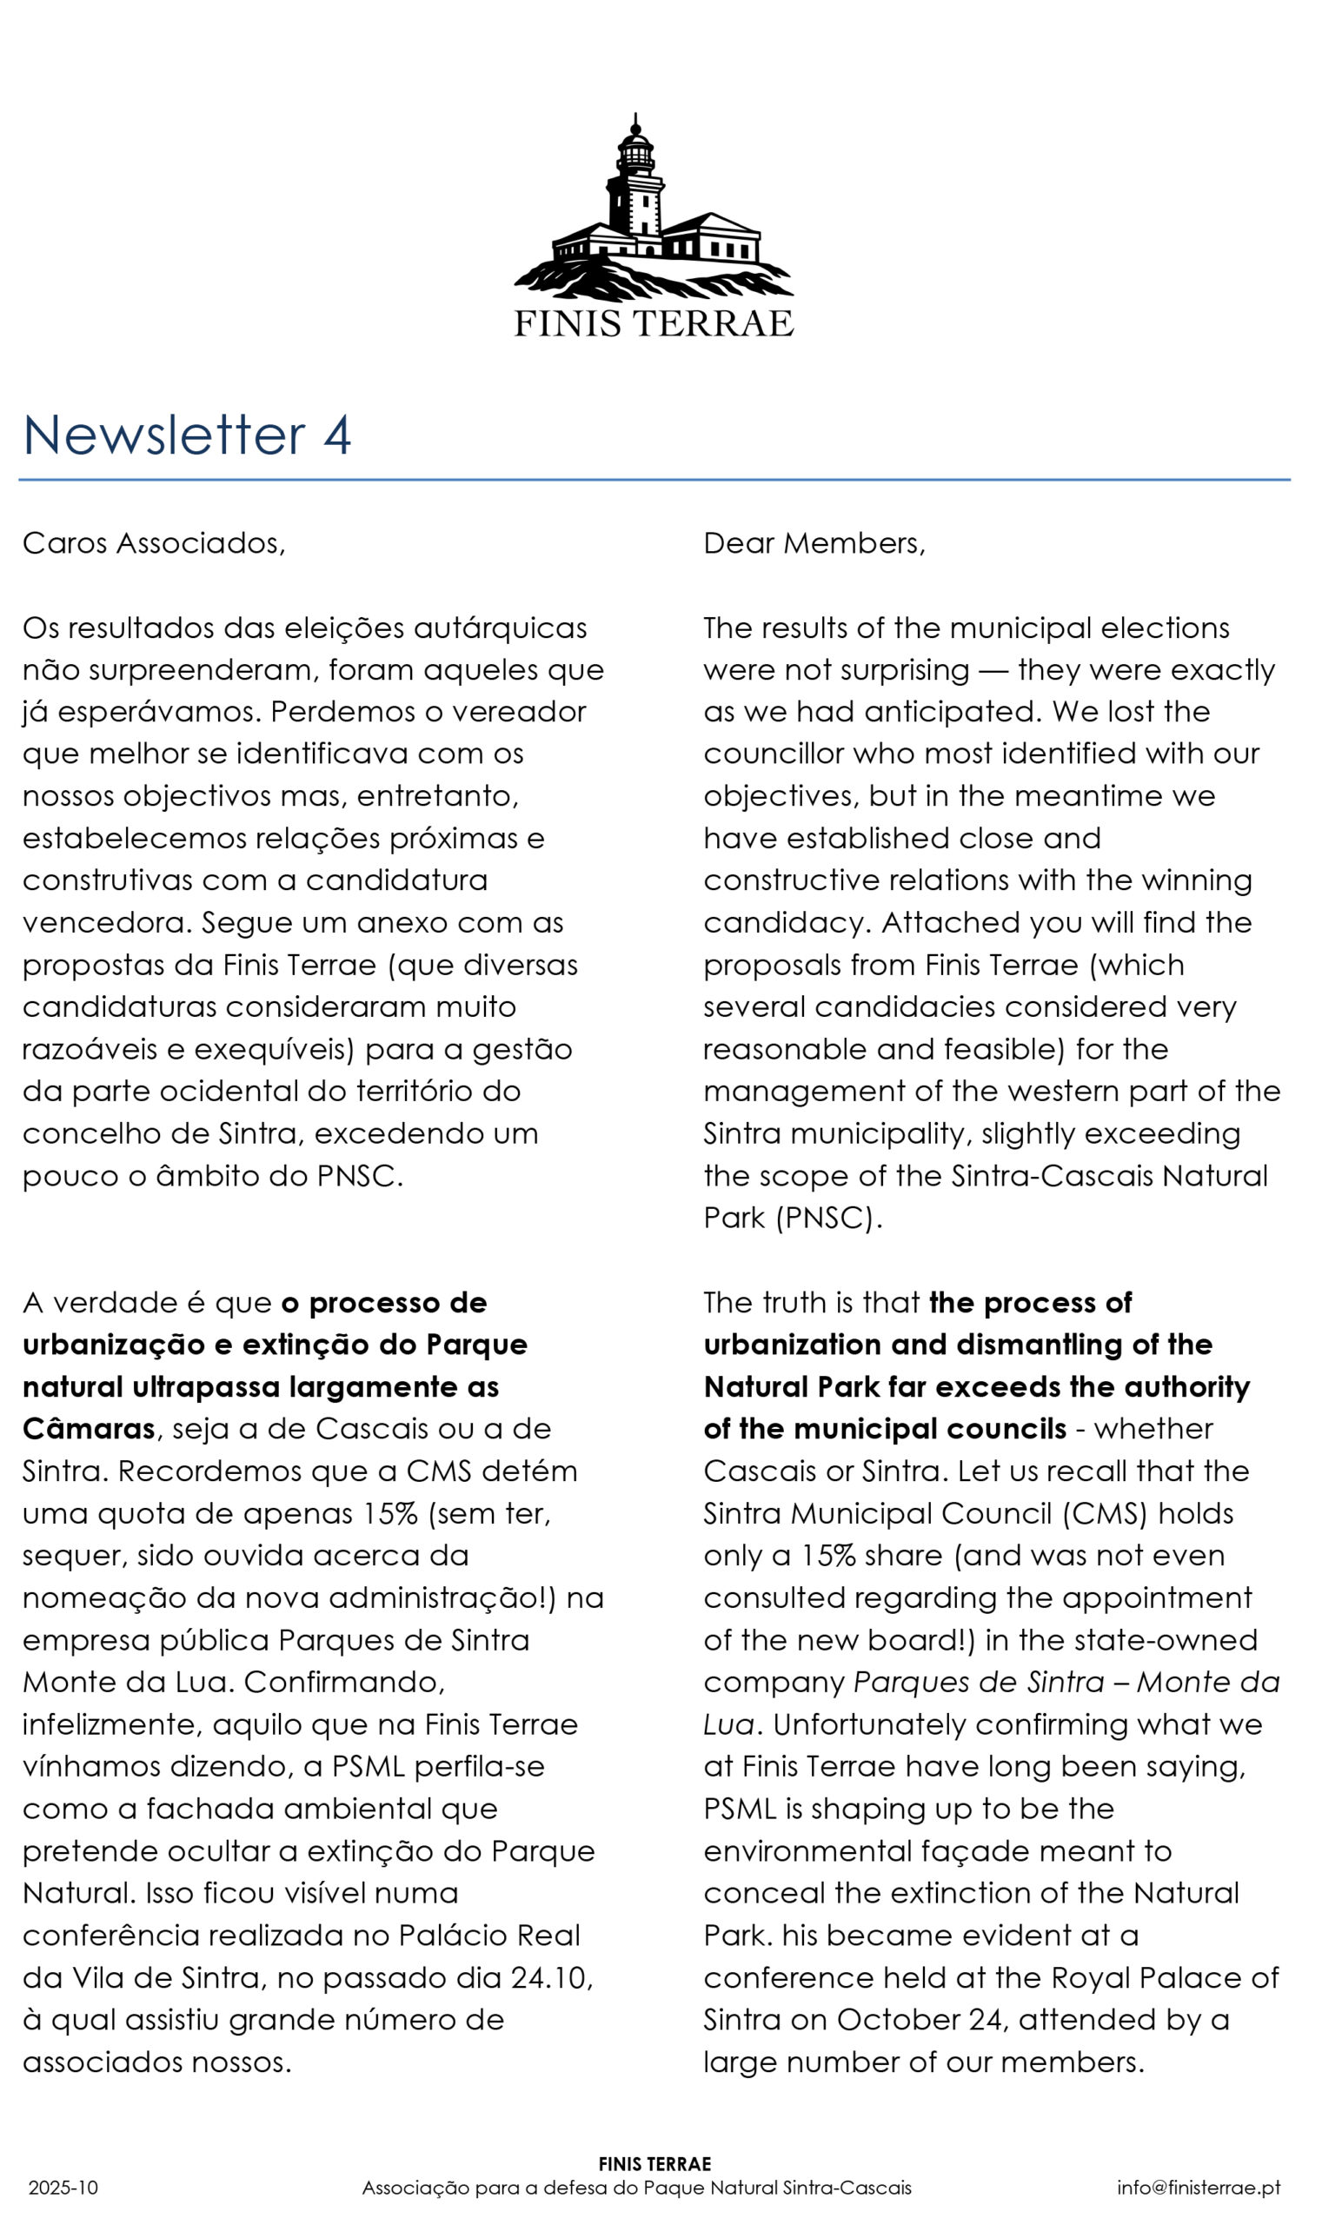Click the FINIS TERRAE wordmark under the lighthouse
[653, 324]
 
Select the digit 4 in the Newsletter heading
[336, 435]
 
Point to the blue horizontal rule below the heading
[654, 480]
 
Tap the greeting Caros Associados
[153, 543]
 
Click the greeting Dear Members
[814, 543]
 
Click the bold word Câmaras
[88, 1429]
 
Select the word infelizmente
[111, 1724]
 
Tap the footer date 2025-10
[63, 2188]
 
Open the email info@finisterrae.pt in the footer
[1199, 2188]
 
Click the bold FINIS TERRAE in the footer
[654, 2164]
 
